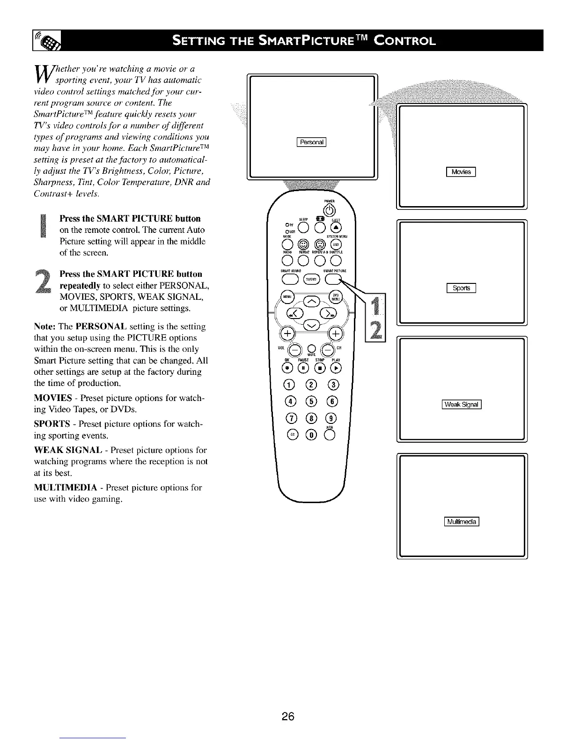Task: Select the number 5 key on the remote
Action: (x=311, y=401)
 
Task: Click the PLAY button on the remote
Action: (x=336, y=367)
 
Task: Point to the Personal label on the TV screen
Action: (x=311, y=143)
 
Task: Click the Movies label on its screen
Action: (x=461, y=172)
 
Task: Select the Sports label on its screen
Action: (x=461, y=288)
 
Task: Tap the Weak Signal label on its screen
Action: (x=462, y=405)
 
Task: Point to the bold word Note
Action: (x=45, y=326)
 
